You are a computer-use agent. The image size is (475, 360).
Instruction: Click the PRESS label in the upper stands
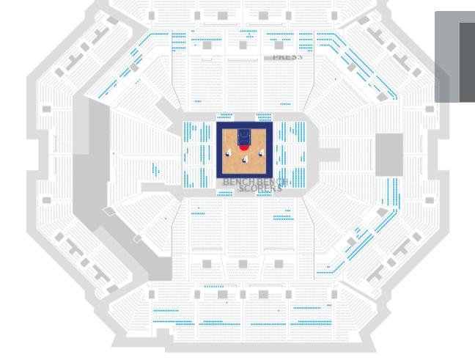tap(287, 57)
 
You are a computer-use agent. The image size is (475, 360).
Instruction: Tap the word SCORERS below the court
tap(260, 189)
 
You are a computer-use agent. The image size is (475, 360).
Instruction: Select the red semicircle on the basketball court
tap(244, 147)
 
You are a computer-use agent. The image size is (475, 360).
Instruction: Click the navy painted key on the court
tap(244, 136)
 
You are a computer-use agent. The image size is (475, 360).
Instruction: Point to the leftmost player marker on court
tap(229, 153)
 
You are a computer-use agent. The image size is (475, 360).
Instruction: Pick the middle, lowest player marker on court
tap(245, 159)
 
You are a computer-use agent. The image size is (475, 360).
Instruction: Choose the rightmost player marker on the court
tap(261, 153)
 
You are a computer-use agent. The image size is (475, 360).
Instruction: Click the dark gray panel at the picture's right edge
tap(467, 62)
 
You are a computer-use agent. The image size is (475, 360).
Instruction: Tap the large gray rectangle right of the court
tap(389, 154)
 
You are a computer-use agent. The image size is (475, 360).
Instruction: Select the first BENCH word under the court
tap(237, 181)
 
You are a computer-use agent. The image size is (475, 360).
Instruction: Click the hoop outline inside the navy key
tap(244, 134)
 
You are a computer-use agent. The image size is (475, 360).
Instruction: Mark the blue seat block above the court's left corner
tap(225, 115)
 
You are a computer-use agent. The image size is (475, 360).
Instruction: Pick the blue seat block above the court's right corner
tap(264, 115)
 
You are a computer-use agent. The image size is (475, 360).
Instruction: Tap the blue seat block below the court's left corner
tap(225, 194)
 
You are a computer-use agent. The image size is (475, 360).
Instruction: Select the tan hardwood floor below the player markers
tap(245, 169)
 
